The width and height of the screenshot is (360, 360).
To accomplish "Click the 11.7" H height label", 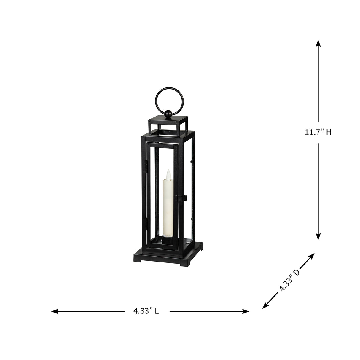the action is (x=318, y=133).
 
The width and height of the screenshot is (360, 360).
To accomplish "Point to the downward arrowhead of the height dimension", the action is (x=318, y=237).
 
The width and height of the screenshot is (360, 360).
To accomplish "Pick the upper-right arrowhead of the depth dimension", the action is (x=312, y=256).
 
